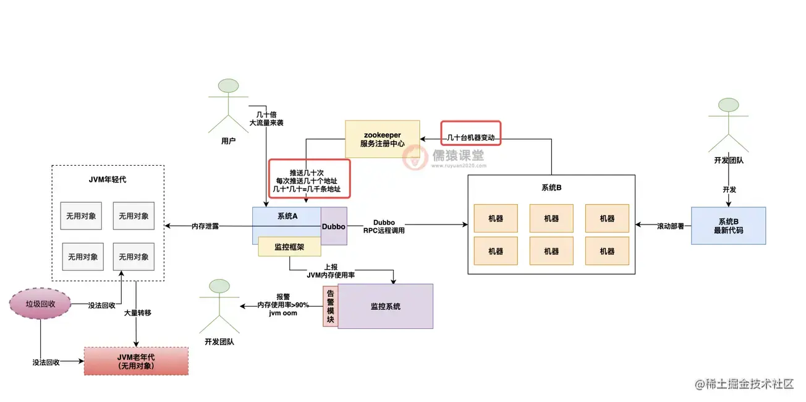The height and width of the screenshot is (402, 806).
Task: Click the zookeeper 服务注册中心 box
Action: [382, 139]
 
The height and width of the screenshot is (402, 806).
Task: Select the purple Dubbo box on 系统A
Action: [334, 226]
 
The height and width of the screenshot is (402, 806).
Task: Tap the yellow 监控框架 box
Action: [289, 246]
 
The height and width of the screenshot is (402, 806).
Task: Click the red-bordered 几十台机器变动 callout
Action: [470, 132]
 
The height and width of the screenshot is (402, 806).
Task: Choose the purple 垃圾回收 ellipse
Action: [41, 304]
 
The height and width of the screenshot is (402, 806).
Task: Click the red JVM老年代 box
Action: [136, 361]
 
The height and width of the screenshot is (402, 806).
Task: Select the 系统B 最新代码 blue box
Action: [728, 226]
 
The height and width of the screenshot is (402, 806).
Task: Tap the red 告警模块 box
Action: [330, 306]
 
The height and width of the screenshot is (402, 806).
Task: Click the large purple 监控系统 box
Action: [385, 306]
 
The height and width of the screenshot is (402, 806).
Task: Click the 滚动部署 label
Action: [670, 226]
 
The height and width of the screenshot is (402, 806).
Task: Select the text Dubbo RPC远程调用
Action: [388, 226]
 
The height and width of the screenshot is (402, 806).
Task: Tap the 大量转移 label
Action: [137, 313]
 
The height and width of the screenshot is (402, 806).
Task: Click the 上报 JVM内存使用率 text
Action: [331, 270]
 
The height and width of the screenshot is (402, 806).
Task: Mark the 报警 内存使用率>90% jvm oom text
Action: [283, 305]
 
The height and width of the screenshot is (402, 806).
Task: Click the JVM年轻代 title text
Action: [108, 180]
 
